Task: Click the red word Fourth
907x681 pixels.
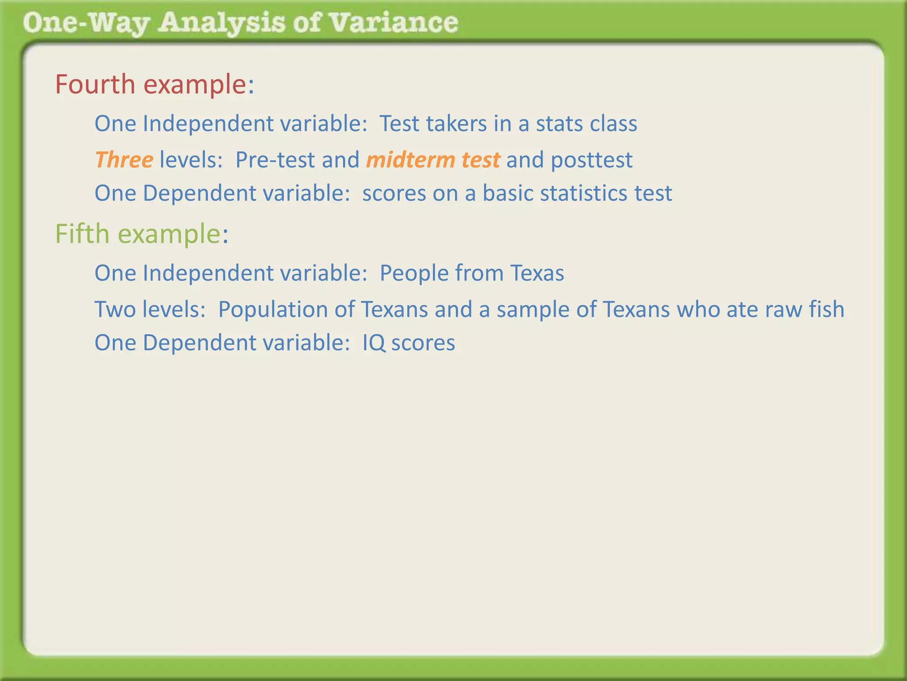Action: (95, 84)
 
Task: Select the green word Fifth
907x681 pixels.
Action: (82, 234)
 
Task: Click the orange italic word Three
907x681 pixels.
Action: (124, 160)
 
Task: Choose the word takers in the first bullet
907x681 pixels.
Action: (456, 123)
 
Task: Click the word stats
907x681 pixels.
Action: (558, 124)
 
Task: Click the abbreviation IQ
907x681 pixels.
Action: (374, 343)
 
